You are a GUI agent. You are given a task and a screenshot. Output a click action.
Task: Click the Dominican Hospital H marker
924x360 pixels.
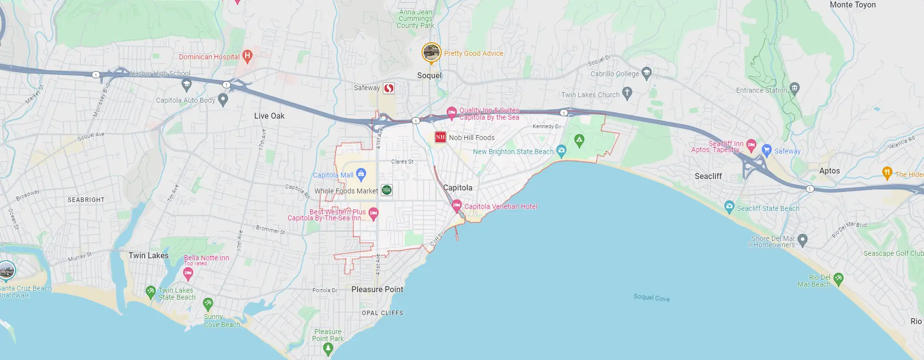coord(247,55)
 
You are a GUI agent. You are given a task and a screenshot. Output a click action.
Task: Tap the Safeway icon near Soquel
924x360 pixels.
coord(389,88)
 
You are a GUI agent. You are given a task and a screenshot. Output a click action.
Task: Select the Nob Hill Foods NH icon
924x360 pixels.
coord(440,137)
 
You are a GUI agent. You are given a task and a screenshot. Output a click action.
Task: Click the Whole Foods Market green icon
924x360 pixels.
coord(387,190)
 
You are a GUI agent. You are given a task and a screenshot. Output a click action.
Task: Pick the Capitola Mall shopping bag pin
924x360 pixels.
coord(361,174)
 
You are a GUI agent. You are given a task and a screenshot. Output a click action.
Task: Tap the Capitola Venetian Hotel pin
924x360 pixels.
coord(457,205)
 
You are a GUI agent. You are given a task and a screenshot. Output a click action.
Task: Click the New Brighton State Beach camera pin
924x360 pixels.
coord(562,150)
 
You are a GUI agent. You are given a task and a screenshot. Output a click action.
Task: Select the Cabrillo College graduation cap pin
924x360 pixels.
coord(647,73)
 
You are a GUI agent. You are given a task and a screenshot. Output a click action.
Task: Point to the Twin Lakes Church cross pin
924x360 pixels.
coord(627,93)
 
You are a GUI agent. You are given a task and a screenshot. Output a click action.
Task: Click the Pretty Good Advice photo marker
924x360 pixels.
coord(431,52)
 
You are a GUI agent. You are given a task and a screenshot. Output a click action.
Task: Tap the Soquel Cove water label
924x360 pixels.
coord(651,298)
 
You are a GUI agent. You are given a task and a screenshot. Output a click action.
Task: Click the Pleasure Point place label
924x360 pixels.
coord(377,289)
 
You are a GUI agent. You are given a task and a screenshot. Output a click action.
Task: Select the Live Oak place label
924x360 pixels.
coord(269,116)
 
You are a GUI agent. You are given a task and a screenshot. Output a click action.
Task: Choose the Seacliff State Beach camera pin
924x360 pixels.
coord(730,206)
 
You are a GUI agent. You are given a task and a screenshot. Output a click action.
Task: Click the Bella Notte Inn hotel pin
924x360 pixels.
coord(188,273)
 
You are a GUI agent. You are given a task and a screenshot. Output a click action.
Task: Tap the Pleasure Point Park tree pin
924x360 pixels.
coord(328,348)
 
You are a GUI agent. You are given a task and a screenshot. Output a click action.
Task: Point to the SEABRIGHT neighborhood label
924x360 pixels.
coord(86,199)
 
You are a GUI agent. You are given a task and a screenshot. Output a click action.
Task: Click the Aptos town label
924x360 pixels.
coord(829,171)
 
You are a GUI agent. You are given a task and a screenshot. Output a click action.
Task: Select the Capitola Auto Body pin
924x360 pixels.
coord(223,100)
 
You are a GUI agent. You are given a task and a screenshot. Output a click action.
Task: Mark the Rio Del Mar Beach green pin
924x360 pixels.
coord(838,278)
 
